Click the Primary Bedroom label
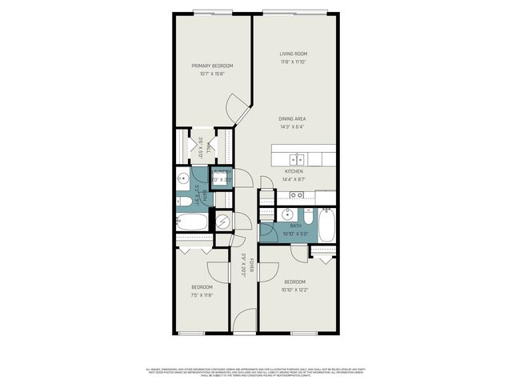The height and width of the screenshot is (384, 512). (x=212, y=66)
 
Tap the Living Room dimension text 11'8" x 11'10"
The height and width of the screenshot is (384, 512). (x=294, y=62)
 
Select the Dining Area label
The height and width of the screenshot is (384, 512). (x=292, y=119)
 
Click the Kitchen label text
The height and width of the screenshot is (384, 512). (x=294, y=171)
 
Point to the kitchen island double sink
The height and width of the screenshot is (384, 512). (x=298, y=158)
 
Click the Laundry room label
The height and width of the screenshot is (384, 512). (x=222, y=171)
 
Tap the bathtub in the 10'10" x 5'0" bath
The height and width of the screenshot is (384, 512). (x=326, y=226)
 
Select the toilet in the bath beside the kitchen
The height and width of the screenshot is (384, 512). (x=307, y=215)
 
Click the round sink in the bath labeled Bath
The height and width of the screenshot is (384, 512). (x=286, y=214)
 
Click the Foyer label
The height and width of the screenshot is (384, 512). (x=250, y=265)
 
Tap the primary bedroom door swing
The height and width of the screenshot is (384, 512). (x=235, y=107)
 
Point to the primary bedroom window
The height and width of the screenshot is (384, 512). (x=214, y=11)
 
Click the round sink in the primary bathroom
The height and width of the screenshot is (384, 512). (x=183, y=178)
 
